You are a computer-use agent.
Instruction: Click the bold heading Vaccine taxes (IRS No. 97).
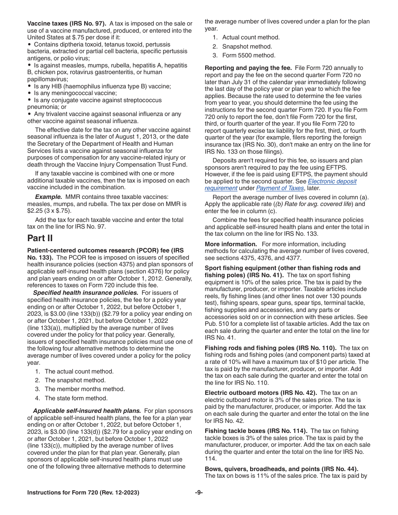click(x=67, y=23)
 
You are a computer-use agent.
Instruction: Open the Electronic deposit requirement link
click(x=281, y=185)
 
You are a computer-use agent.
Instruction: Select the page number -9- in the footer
click(x=199, y=492)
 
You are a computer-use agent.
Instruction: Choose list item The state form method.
click(x=76, y=398)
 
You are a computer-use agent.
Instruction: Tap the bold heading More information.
click(x=231, y=244)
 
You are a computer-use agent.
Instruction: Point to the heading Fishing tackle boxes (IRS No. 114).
click(x=256, y=431)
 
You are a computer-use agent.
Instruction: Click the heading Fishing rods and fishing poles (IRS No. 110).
click(x=271, y=348)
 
